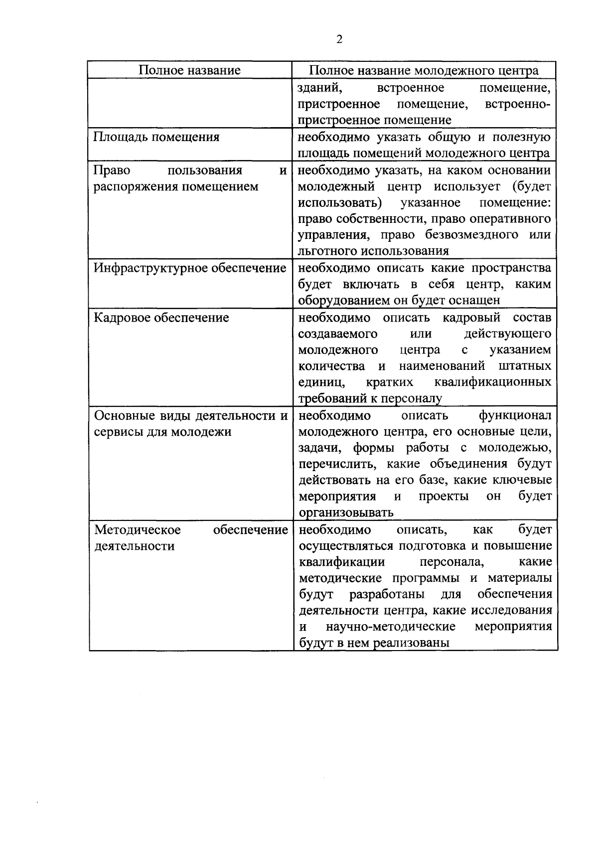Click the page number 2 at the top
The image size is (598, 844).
tap(339, 40)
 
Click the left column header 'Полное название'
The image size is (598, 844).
tap(189, 70)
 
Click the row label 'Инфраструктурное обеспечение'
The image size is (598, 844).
tap(190, 268)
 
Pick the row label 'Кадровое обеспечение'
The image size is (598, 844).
tap(161, 318)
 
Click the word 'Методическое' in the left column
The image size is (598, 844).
tap(138, 529)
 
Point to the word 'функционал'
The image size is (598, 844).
tap(515, 415)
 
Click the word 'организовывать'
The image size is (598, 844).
tap(346, 512)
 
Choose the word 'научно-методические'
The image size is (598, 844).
tap(391, 627)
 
